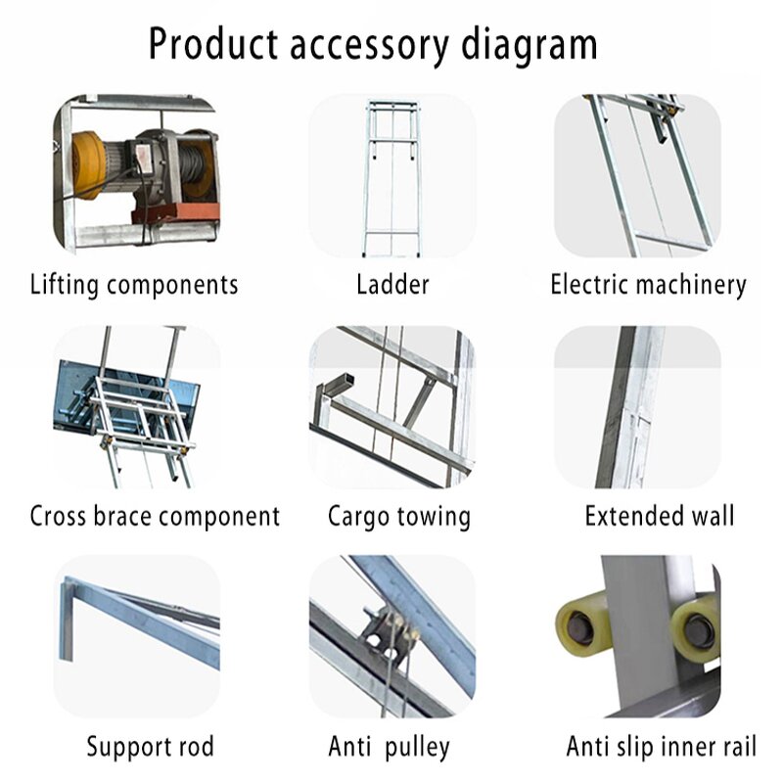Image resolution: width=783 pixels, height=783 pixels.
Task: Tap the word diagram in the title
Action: tap(520, 44)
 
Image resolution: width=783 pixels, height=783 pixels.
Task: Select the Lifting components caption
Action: tap(134, 285)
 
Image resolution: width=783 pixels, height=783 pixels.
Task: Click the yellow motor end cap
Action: tap(85, 163)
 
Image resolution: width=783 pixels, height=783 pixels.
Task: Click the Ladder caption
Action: tap(392, 285)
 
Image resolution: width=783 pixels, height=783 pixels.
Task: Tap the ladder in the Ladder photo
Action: tap(391, 176)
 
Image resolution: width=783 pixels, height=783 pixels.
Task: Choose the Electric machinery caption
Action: tap(648, 285)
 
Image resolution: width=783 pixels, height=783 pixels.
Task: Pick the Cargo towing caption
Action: tap(398, 516)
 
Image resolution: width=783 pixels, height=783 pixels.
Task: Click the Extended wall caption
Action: tap(659, 516)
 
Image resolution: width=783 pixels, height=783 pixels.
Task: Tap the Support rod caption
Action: tap(150, 748)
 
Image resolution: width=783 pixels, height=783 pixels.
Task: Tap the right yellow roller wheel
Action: tap(697, 626)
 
